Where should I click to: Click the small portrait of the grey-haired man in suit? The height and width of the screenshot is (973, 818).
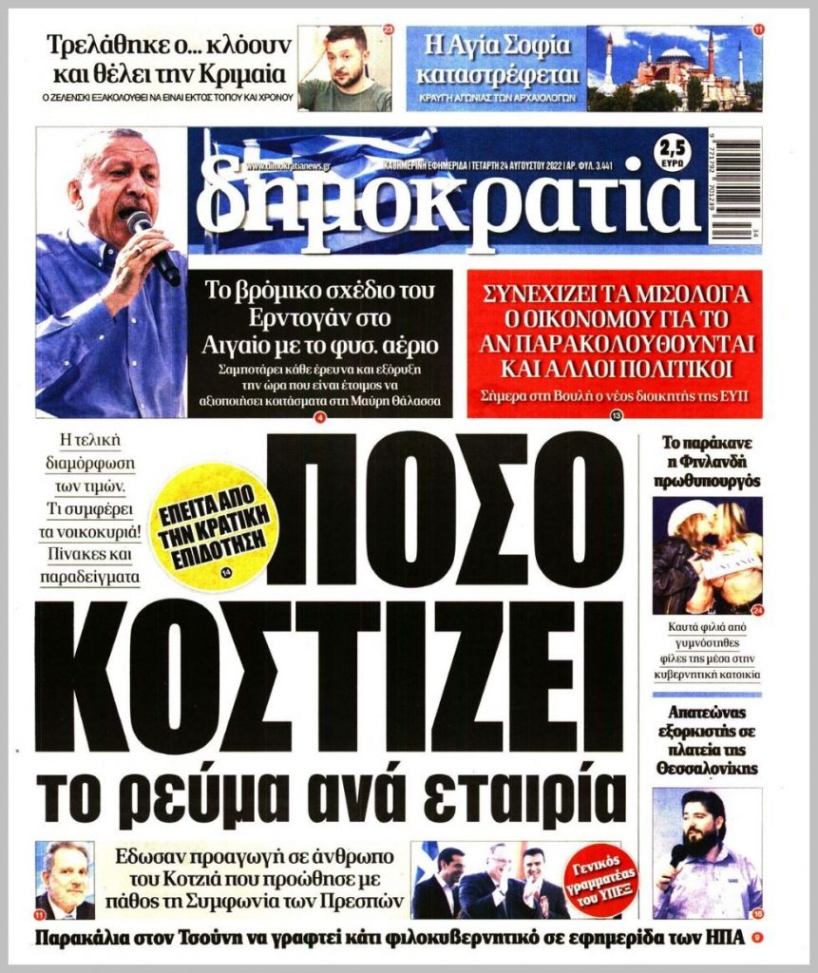(65, 879)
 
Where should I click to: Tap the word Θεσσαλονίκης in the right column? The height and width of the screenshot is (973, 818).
(706, 767)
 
